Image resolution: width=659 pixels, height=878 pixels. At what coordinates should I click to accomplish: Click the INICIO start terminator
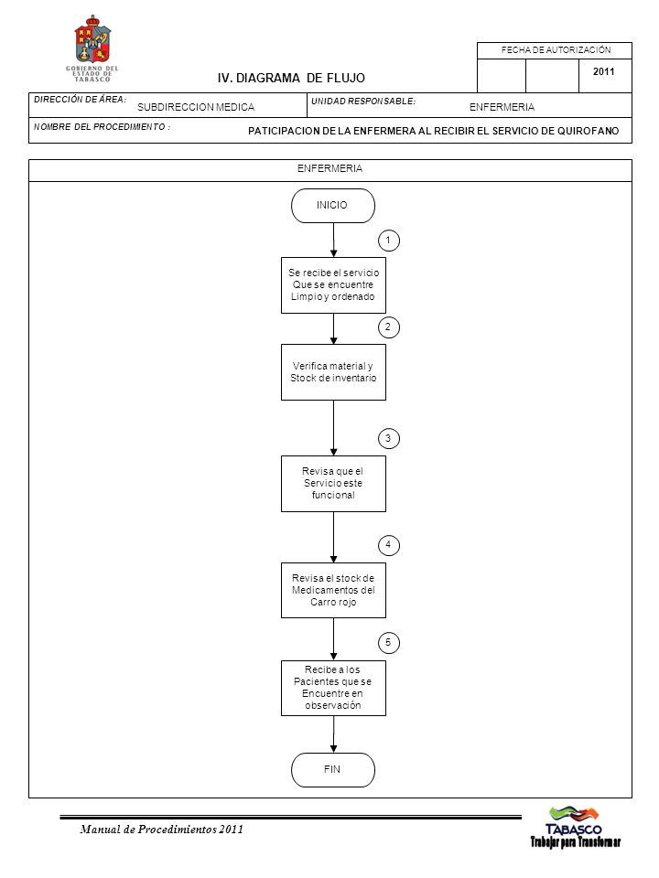[333, 206]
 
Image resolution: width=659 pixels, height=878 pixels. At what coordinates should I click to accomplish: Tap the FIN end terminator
[333, 770]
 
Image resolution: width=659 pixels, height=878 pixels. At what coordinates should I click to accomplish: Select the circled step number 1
[389, 241]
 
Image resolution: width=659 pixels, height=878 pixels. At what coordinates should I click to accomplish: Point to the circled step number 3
[389, 438]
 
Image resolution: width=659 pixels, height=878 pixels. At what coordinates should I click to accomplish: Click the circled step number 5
[389, 643]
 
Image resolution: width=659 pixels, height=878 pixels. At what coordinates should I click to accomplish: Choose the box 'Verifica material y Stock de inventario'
[333, 372]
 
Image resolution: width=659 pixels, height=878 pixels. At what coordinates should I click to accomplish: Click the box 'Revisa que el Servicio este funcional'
[333, 484]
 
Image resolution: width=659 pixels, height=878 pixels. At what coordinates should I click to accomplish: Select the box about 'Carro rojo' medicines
[333, 590]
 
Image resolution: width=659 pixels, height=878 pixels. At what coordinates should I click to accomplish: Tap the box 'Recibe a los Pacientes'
[333, 688]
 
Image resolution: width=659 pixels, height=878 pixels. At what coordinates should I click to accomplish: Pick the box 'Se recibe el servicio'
[333, 285]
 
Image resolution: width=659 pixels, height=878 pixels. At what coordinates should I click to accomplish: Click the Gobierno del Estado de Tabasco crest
[92, 48]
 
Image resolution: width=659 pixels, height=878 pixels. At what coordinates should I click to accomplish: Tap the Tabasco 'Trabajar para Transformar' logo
[576, 828]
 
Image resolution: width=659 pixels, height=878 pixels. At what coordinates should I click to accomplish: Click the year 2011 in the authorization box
[603, 71]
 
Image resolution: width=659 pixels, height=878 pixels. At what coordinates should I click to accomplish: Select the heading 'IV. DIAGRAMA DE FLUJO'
[291, 79]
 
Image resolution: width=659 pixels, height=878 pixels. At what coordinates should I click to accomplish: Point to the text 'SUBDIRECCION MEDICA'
[196, 107]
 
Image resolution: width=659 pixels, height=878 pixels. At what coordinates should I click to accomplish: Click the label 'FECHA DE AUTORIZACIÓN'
[556, 49]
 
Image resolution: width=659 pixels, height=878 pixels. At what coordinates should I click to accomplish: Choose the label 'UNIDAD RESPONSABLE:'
[363, 102]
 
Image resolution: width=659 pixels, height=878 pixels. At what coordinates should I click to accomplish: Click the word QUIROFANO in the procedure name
[588, 131]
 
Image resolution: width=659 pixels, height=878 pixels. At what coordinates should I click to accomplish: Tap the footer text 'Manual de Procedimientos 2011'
[161, 830]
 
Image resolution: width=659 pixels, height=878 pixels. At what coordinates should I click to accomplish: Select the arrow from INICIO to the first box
[333, 241]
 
